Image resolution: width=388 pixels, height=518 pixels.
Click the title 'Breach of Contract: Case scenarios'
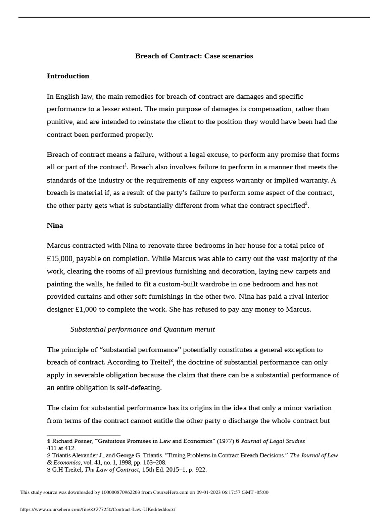[194, 56]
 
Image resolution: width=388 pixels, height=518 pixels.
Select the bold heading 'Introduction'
[68, 76]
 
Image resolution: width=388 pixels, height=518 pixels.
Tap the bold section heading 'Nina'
[55, 226]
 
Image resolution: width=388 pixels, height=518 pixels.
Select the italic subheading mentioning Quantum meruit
[142, 330]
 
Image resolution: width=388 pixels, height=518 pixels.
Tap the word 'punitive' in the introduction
[61, 122]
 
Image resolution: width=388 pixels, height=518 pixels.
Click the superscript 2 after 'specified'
[306, 203]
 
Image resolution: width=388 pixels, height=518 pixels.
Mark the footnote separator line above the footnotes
[83, 435]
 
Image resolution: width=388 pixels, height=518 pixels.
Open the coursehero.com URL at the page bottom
[98, 509]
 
